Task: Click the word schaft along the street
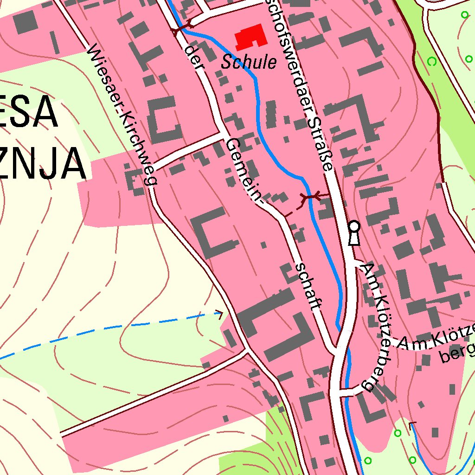[x=308, y=287]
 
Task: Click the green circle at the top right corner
[x=465, y=15]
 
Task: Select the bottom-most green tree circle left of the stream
[x=368, y=461]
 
